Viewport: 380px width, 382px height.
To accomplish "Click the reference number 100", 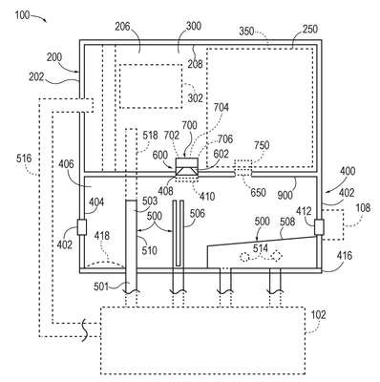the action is (22, 14).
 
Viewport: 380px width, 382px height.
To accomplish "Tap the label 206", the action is (122, 26).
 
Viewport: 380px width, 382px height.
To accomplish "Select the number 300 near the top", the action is (193, 26).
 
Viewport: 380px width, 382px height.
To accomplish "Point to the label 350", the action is (246, 32).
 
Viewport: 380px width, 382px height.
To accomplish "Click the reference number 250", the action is (309, 29).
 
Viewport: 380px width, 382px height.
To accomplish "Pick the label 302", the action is (195, 98).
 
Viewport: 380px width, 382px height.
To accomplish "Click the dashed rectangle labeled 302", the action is (151, 86).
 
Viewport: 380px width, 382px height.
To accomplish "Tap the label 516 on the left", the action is (24, 159).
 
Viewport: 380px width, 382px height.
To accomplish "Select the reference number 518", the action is (150, 135).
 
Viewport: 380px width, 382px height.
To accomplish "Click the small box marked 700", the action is (186, 162).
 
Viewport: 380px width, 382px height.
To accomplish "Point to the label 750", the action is (262, 145).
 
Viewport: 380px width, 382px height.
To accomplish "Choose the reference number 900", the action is (285, 194).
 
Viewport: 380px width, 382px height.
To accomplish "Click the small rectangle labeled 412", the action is (319, 227).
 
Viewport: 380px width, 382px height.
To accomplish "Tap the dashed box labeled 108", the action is (333, 224).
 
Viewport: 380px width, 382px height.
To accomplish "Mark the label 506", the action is (198, 214).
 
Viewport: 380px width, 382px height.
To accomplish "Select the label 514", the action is (261, 248).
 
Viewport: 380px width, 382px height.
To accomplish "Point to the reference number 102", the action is (319, 314).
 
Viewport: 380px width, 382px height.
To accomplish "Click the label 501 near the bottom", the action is (101, 286).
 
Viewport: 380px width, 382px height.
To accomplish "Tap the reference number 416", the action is (345, 256).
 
